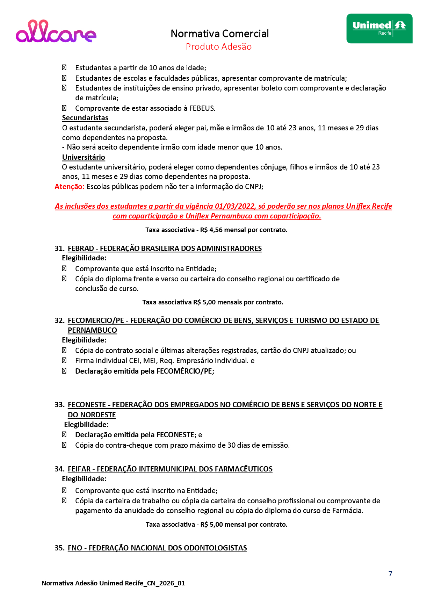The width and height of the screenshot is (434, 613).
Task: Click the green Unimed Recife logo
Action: (379, 29)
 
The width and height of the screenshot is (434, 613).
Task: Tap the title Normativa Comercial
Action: (219, 34)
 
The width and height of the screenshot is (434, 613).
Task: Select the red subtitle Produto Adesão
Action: (218, 46)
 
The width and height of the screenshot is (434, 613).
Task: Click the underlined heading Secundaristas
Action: (85, 118)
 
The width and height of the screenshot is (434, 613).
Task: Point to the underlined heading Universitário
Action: (84, 157)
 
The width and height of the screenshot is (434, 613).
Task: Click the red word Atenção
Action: (69, 187)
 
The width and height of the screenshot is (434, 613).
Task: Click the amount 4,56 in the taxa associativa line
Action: (216, 230)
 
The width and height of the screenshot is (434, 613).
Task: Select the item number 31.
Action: (59, 248)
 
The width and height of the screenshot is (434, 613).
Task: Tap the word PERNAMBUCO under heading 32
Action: (92, 330)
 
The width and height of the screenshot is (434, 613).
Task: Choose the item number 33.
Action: (59, 405)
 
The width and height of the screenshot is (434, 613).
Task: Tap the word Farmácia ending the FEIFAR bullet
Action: (348, 511)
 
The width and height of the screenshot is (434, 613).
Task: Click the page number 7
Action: (390, 574)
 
